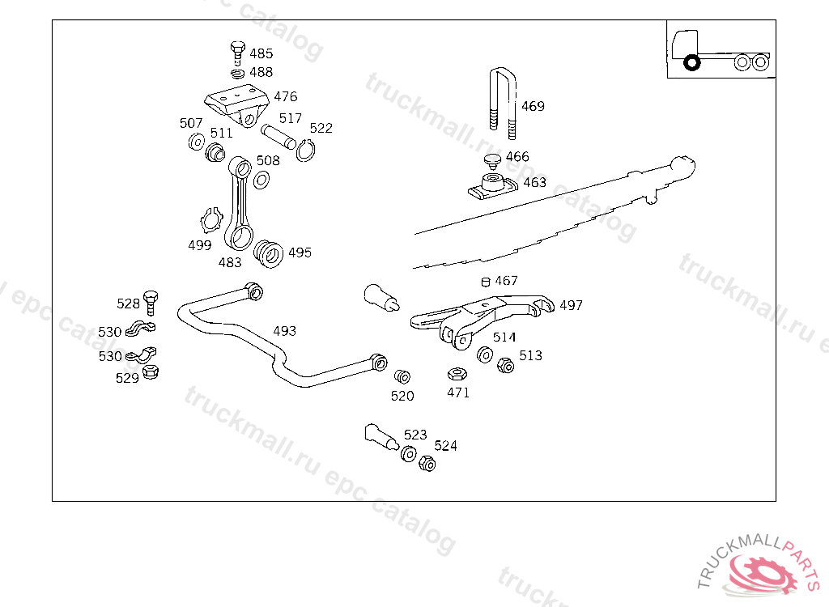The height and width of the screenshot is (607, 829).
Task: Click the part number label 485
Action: point(261,53)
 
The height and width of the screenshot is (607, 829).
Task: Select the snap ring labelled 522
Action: point(305,150)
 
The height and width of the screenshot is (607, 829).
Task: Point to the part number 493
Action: point(284,331)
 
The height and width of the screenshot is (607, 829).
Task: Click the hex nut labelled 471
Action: point(456,374)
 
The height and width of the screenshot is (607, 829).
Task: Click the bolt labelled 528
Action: point(151,301)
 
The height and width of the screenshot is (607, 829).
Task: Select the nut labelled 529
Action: point(150,372)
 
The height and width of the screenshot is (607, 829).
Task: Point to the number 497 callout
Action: point(571,305)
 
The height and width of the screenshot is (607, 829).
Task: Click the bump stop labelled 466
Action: point(491,159)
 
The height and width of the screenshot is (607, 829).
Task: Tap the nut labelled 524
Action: point(427,464)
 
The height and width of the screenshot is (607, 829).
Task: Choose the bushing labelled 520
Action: point(402,377)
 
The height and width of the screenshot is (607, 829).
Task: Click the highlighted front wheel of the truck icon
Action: point(691,62)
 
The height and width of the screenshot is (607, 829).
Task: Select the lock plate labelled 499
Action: point(212,220)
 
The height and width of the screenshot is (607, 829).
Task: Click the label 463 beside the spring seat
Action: point(534,182)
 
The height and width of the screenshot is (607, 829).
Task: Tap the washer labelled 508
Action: point(262,179)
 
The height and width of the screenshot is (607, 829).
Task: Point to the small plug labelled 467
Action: point(486,282)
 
